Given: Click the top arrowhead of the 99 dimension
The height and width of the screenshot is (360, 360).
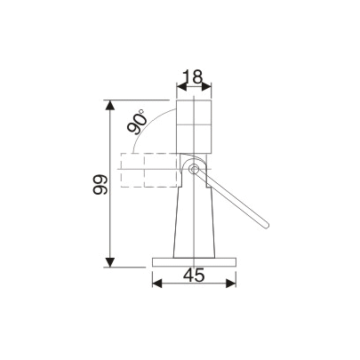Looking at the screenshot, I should click(x=110, y=105).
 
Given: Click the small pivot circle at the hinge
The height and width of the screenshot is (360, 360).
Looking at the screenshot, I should click(x=193, y=168).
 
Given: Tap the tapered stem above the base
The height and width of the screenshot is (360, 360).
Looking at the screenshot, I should click(x=194, y=222).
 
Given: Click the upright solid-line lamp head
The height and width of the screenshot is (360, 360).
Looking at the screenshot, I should click(x=194, y=124).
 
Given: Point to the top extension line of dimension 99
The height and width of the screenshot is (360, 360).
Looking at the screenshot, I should click(x=142, y=100).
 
